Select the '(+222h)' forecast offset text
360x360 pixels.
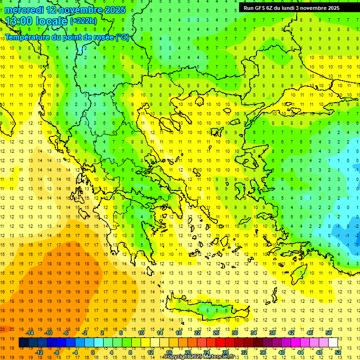(83, 21)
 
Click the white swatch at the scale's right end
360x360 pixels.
(333, 343)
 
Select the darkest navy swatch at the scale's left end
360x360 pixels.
(24, 343)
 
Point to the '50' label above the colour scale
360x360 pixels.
(328, 333)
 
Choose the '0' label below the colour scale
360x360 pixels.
(93, 352)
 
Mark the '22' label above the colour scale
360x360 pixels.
(198, 333)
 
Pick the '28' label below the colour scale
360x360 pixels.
(225, 352)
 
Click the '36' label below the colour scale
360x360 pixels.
(263, 352)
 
